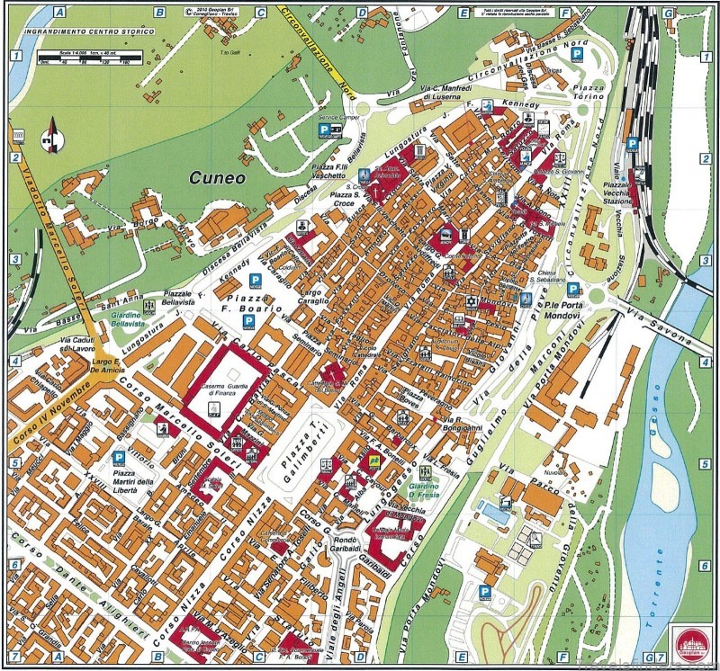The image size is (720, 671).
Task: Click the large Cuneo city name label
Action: pyautogui.click(x=218, y=178)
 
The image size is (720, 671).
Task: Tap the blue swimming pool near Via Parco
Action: pyautogui.click(x=490, y=511)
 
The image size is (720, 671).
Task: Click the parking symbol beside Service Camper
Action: pyautogui.click(x=320, y=130)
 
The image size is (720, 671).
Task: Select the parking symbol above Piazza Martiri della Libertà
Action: pyautogui.click(x=118, y=458)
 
